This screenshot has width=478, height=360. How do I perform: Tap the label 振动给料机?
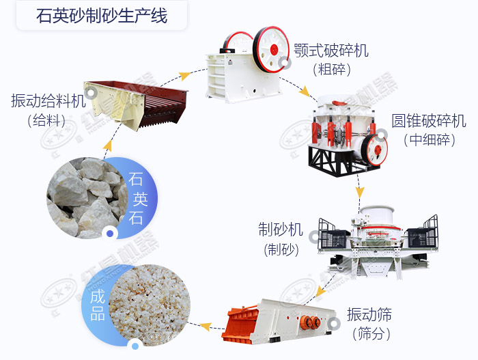click(x=48, y=101)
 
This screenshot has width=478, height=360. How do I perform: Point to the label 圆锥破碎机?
click(x=428, y=121)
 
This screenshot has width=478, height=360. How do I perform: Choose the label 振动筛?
click(x=369, y=315)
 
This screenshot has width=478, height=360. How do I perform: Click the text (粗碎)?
click(x=331, y=69)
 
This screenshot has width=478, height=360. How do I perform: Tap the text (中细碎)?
click(x=428, y=140)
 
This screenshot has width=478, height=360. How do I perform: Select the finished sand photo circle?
click(x=143, y=304)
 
